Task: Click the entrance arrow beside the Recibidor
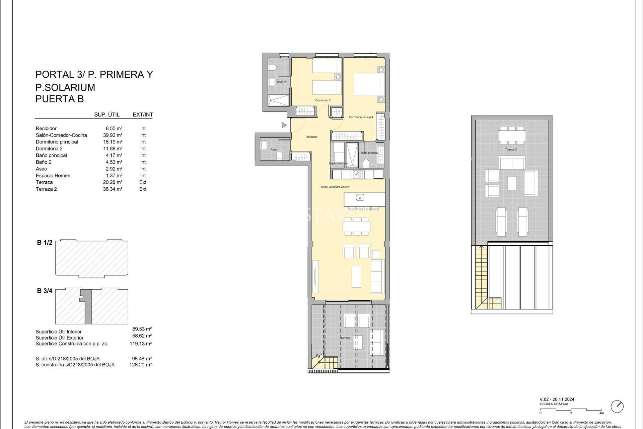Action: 284,125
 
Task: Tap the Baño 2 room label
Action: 281,82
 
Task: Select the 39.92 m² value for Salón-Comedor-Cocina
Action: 113,135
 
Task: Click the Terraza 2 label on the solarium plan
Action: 511,149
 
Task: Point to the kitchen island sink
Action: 360,198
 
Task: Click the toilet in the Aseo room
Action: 280,155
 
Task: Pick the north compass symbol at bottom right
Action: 617,406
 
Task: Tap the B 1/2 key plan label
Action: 45,243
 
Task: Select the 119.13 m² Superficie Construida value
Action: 141,344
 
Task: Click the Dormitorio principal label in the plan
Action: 361,117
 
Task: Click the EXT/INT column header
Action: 143,115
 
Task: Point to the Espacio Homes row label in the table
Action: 53,176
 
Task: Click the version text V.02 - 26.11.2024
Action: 557,399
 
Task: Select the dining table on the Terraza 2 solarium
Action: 511,135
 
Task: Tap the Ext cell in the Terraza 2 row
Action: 143,189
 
